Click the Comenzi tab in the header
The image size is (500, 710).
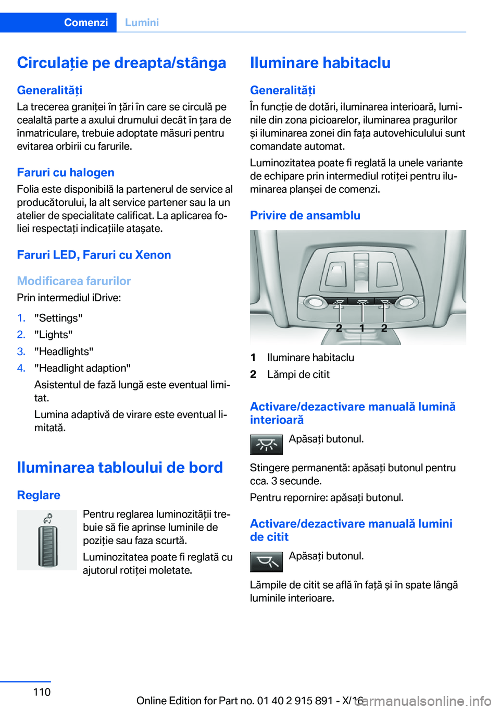click(86, 22)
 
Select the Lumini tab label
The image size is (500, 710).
click(142, 22)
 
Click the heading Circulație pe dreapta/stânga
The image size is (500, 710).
click(121, 63)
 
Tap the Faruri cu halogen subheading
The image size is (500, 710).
click(66, 173)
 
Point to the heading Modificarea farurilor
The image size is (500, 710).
click(74, 281)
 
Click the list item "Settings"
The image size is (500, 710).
click(58, 318)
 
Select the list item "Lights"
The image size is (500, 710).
click(53, 335)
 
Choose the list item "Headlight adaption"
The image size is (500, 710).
click(82, 368)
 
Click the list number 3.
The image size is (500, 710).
click(21, 351)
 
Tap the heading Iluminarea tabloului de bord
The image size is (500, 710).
click(120, 467)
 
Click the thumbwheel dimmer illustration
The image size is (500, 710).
click(47, 540)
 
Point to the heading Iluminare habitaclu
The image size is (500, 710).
click(320, 63)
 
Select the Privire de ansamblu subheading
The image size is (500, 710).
click(305, 215)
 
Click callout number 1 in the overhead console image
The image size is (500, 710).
click(362, 328)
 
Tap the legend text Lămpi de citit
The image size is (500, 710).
click(298, 374)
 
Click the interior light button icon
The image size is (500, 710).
click(266, 445)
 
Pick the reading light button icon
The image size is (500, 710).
click(266, 562)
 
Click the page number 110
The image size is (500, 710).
click(42, 692)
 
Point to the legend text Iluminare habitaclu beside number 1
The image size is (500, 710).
click(310, 358)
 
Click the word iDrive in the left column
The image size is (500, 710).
click(106, 298)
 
